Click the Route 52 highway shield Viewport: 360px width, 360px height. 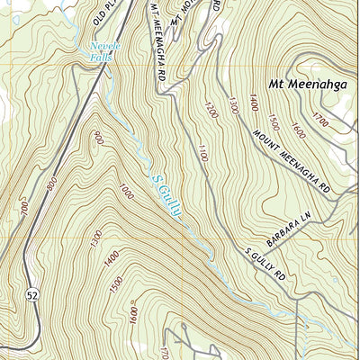[x=33, y=294]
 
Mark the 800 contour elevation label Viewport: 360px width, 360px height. [x=51, y=185]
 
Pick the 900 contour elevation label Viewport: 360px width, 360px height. [x=96, y=136]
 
